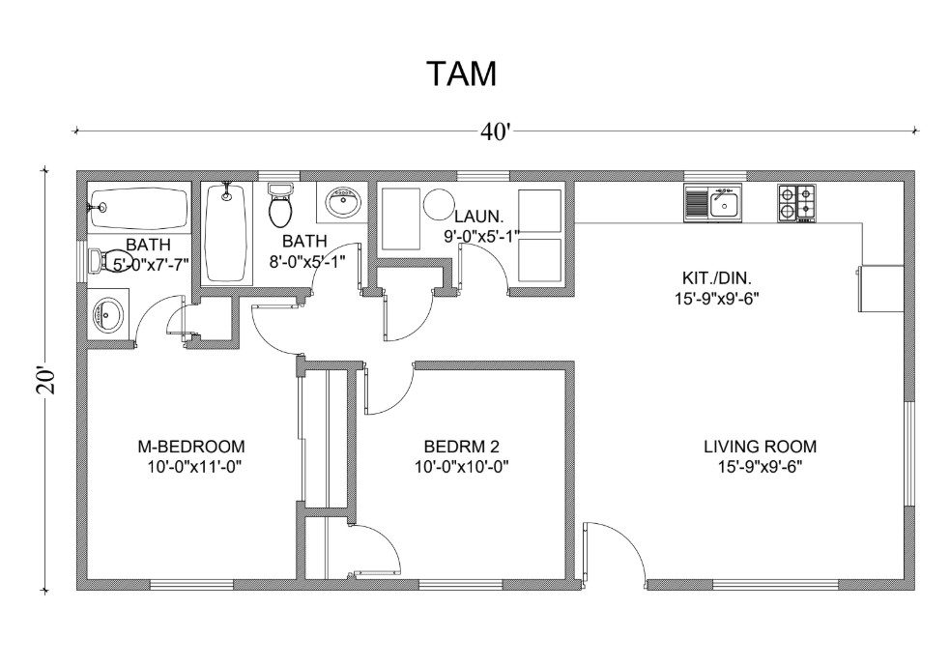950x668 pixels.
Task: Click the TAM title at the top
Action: click(x=462, y=73)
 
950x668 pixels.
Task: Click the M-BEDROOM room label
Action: click(x=191, y=447)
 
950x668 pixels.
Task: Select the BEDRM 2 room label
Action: click(x=461, y=447)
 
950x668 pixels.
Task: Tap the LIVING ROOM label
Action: click(x=760, y=447)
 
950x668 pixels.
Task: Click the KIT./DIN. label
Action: click(x=717, y=278)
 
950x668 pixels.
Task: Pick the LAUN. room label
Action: click(x=478, y=216)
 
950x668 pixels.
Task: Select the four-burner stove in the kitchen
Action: click(x=796, y=203)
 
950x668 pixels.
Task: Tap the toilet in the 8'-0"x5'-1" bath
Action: click(x=280, y=204)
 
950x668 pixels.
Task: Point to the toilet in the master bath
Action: click(x=109, y=260)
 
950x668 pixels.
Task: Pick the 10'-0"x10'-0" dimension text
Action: click(x=461, y=467)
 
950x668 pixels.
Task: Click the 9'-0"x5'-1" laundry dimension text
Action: click(x=481, y=236)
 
